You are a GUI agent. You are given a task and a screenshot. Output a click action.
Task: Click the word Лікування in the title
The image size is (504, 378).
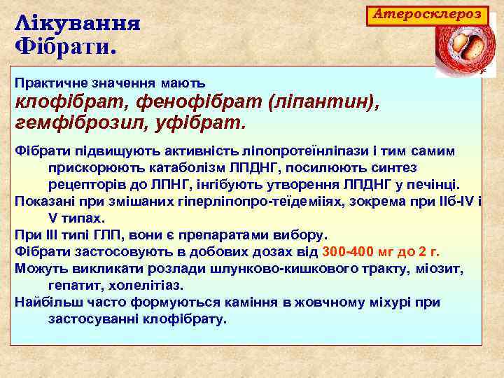pyautogui.click(x=77, y=23)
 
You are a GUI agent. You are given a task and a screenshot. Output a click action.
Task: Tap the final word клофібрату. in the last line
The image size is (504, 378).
pyautogui.click(x=186, y=318)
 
